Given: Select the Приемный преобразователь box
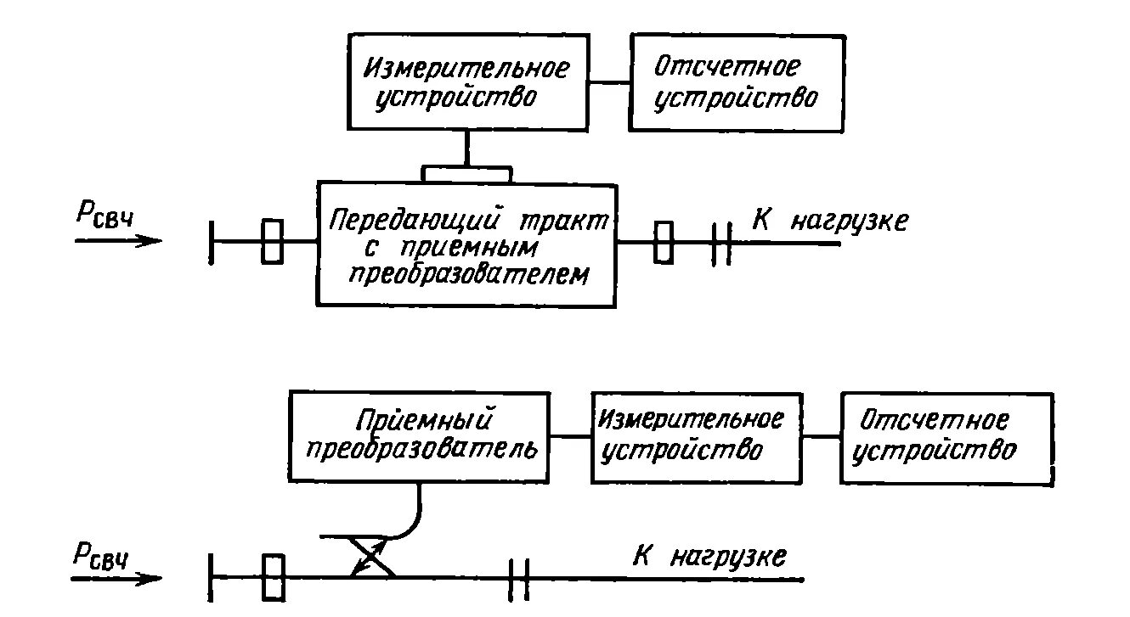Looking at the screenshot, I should pos(421,436).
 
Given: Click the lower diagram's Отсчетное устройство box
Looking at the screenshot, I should pos(946,438).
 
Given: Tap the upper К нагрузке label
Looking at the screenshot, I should pos(829,222).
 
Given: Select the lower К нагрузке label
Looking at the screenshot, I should pos(709,557).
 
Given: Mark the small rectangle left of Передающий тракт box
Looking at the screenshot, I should pos(272,241).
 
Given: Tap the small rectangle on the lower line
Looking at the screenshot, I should pos(273,577).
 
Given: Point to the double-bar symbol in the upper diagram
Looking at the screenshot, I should pos(721,243).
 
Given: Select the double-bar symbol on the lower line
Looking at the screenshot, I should pos(519,578).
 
